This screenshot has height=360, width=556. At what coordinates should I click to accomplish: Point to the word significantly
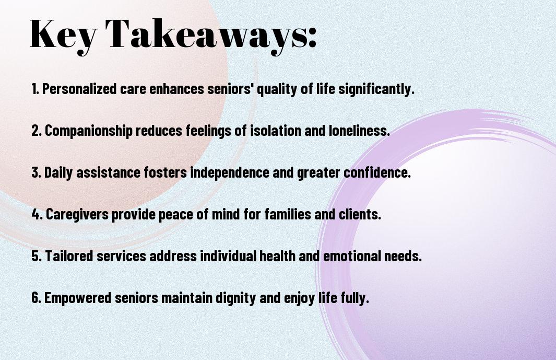[376, 89]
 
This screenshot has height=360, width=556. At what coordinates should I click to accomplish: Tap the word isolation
[276, 130]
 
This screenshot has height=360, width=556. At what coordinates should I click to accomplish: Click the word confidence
[377, 172]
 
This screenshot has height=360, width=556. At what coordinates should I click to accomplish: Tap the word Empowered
[78, 298]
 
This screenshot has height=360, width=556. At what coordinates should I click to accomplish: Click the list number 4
[37, 214]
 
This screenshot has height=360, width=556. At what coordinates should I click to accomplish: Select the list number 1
[35, 89]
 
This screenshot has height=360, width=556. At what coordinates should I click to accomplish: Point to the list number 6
[37, 297]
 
